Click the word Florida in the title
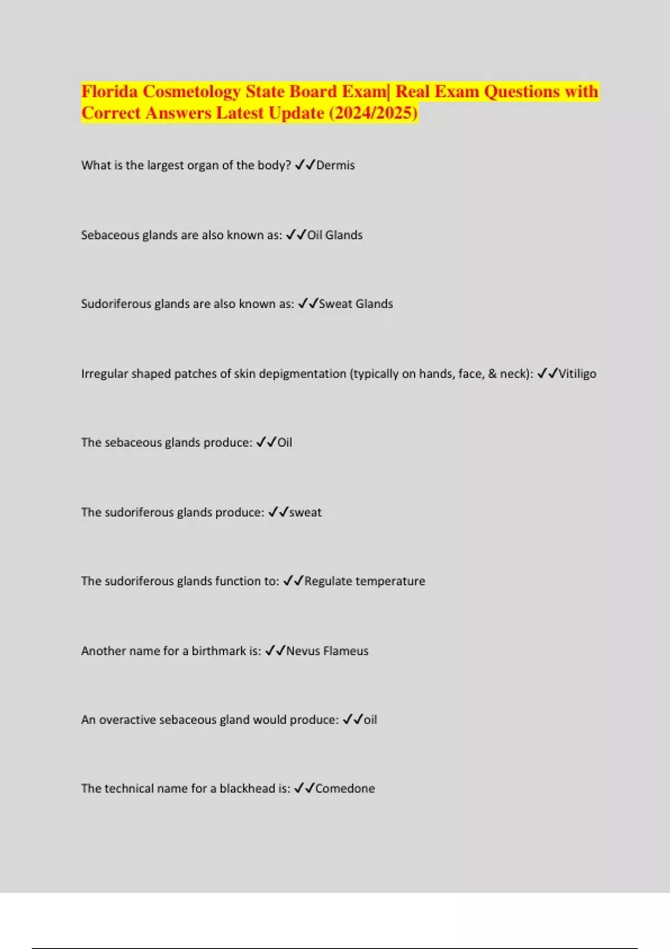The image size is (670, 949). (x=109, y=92)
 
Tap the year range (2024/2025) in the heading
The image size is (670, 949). (x=373, y=113)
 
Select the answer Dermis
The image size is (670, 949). (x=336, y=165)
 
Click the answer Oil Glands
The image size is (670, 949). (x=335, y=235)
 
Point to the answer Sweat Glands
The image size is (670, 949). (x=356, y=304)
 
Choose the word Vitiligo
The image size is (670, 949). (x=577, y=373)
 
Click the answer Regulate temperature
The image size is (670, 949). (x=365, y=581)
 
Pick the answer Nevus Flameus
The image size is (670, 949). (x=327, y=651)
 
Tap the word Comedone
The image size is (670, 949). (x=345, y=788)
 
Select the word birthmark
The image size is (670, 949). (x=219, y=651)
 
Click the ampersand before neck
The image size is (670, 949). (x=492, y=373)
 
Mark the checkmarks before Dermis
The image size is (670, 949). (x=305, y=165)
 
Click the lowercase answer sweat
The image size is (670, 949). (x=305, y=512)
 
